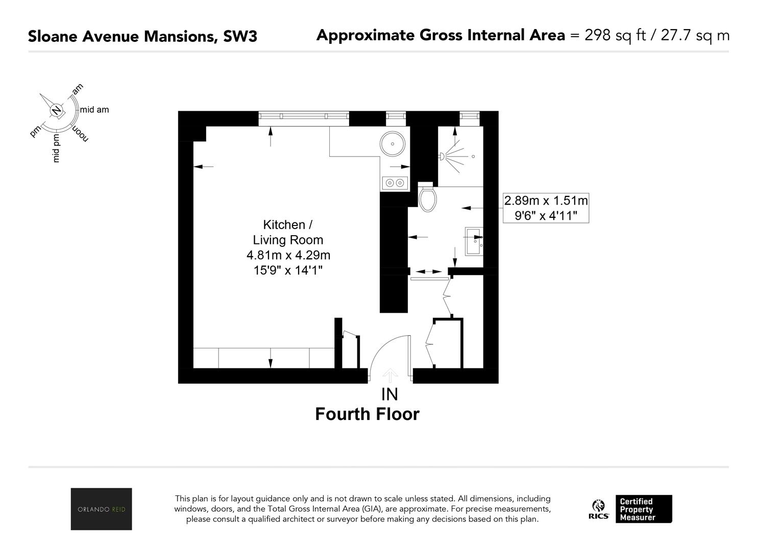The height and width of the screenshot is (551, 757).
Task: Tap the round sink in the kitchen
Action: (393, 143)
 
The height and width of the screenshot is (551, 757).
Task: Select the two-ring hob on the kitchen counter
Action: (395, 183)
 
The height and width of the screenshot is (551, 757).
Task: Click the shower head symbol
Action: (442, 156)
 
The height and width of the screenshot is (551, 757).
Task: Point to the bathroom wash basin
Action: (474, 241)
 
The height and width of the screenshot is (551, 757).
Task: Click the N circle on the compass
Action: (56, 110)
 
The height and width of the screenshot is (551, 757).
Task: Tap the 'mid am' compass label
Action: (94, 110)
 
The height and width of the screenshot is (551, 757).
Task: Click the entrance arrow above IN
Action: (390, 375)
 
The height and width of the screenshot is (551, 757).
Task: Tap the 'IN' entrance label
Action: (389, 394)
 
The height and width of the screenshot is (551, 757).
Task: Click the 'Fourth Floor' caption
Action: (368, 414)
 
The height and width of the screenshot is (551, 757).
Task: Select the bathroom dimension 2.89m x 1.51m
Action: (546, 201)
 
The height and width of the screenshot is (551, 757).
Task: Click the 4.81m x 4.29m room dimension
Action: (288, 255)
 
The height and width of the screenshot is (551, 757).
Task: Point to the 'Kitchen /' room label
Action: (288, 224)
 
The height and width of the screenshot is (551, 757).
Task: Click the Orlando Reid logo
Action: (102, 509)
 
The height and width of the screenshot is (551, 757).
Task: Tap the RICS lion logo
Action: (598, 509)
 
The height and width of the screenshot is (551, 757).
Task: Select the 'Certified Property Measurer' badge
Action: (644, 509)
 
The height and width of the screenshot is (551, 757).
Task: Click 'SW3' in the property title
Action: (240, 36)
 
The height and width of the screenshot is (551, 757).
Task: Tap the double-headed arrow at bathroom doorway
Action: (428, 271)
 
